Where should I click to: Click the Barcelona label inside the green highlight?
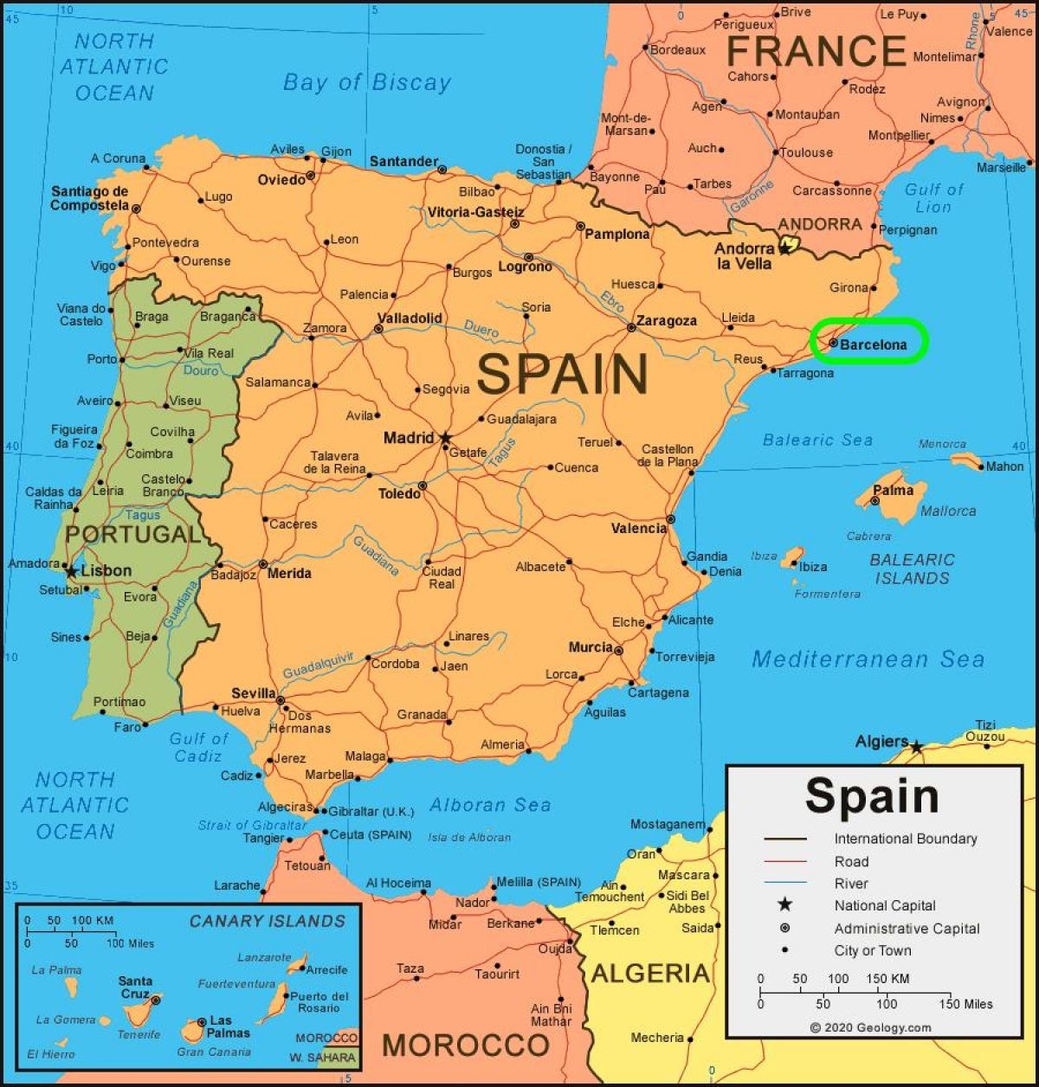tap(873, 344)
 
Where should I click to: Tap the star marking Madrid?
tap(445, 439)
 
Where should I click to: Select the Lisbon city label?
tap(106, 571)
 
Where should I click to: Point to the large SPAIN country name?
tap(562, 374)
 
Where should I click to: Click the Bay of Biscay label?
tap(367, 83)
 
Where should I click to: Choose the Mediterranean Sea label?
tap(868, 659)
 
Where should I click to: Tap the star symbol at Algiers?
tap(916, 746)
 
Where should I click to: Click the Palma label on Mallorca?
tap(893, 490)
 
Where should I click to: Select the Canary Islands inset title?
tap(267, 921)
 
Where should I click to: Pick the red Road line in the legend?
tap(784, 861)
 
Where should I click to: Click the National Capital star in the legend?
tap(784, 905)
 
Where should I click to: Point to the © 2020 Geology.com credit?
tap(870, 1027)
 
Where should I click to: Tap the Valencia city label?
tap(638, 528)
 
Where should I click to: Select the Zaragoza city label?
tap(666, 321)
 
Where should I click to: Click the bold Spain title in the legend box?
tap(871, 795)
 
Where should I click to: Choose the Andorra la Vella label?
tap(744, 256)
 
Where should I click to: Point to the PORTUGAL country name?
tap(132, 534)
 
